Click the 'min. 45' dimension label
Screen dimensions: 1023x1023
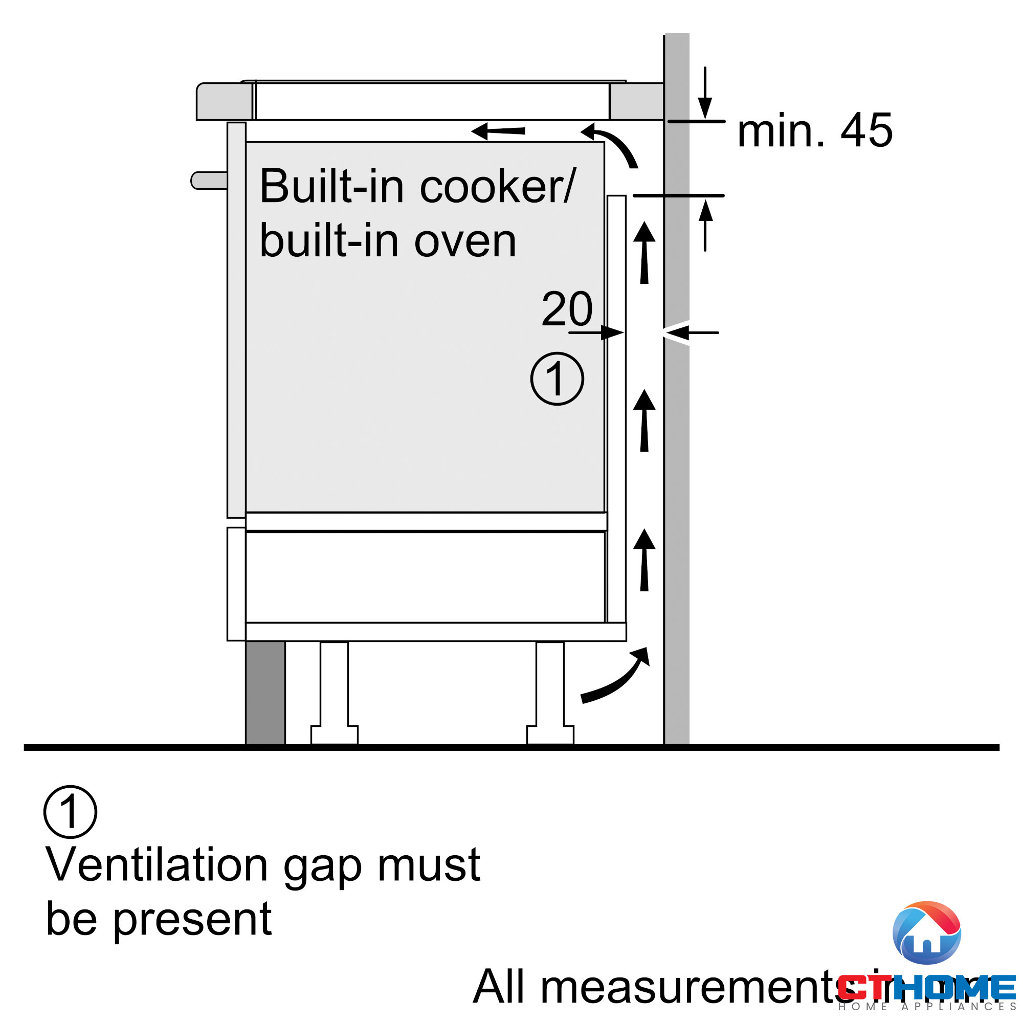[x=814, y=130]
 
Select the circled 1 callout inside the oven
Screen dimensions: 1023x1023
[x=557, y=379]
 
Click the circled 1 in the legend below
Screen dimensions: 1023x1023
[x=70, y=812]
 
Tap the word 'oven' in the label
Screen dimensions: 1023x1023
[x=465, y=241]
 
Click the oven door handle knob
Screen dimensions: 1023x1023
[x=209, y=180]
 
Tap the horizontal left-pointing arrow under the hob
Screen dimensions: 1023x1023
[x=498, y=131]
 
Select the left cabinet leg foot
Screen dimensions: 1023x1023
[x=334, y=735]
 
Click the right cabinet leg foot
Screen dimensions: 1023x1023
[x=550, y=735]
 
